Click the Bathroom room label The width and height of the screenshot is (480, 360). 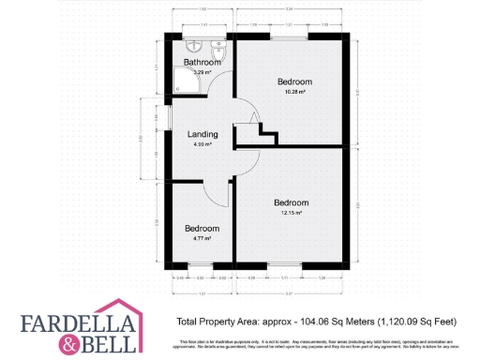[202, 63]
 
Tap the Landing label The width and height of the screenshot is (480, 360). [202, 134]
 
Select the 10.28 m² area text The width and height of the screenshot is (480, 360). [296, 92]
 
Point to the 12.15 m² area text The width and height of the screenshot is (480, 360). [292, 213]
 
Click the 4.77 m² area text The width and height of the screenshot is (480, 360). [202, 239]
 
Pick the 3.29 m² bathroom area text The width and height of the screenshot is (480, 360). [201, 72]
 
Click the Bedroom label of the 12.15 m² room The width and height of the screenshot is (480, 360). [292, 202]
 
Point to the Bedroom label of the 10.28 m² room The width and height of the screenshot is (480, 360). [296, 82]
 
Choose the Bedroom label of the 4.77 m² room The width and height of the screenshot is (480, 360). [202, 229]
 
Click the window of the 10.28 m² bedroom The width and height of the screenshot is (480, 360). [292, 36]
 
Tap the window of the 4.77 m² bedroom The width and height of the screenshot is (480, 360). [200, 266]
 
